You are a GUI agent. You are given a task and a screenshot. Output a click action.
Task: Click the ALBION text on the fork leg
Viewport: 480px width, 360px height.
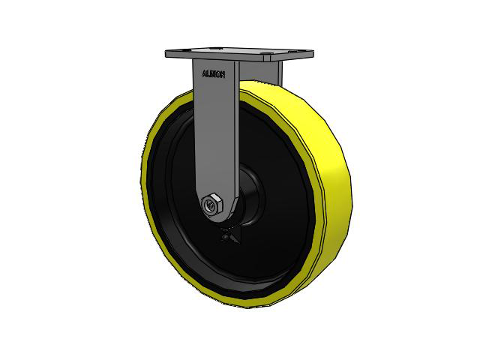[x=214, y=74]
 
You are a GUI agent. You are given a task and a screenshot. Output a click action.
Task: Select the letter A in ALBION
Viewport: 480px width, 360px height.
[x=205, y=73]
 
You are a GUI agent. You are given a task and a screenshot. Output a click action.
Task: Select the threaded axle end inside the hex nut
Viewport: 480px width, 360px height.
[x=211, y=202]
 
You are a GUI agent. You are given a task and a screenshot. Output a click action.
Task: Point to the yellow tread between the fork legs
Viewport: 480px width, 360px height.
[x=259, y=94]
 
